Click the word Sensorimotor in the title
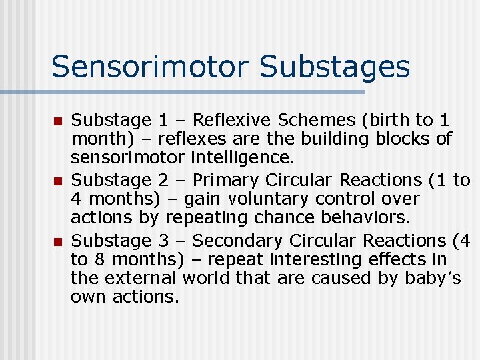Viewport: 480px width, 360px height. click(149, 67)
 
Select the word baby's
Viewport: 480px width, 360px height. click(433, 278)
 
